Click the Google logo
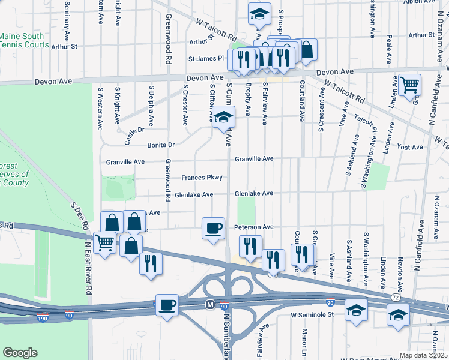(x=20, y=352)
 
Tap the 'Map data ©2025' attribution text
(x=424, y=355)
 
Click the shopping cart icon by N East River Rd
(x=105, y=243)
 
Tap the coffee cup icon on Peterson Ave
(x=213, y=229)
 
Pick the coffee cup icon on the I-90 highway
(x=167, y=304)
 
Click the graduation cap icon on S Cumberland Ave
(x=223, y=118)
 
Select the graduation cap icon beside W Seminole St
(x=356, y=310)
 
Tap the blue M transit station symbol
(x=210, y=304)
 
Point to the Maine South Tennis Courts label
(x=24, y=41)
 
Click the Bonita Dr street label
(x=161, y=145)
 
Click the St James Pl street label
(x=205, y=59)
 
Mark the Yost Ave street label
(x=410, y=147)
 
